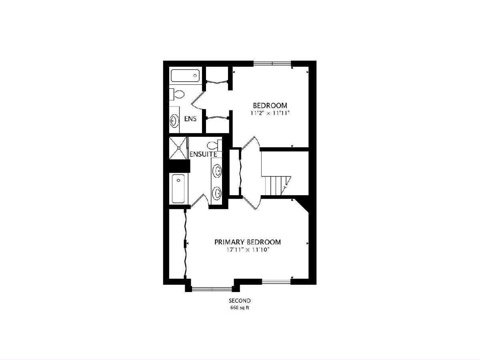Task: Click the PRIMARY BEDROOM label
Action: tap(248, 242)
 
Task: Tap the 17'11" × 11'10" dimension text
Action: tap(248, 250)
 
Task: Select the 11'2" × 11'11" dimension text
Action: tap(270, 113)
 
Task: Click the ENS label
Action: tap(190, 119)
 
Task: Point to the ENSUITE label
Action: tap(203, 154)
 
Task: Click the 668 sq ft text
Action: tap(240, 308)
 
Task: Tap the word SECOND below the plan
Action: tap(240, 301)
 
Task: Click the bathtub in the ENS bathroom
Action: tap(185, 76)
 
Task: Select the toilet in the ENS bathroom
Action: tap(177, 94)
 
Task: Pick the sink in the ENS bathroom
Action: tap(174, 121)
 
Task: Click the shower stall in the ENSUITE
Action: tap(178, 148)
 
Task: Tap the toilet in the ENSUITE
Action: tap(214, 145)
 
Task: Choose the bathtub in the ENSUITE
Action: tap(178, 189)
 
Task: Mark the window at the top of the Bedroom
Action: tap(272, 64)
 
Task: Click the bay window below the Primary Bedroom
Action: tap(212, 289)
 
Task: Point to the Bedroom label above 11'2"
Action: tap(270, 106)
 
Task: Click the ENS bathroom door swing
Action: tap(198, 100)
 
